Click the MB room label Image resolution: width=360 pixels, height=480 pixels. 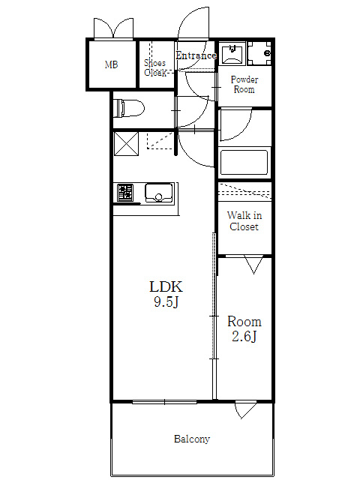pyautogui.click(x=111, y=64)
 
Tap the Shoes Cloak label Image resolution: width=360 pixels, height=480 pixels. pyautogui.click(x=155, y=68)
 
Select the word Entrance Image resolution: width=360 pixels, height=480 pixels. pyautogui.click(x=196, y=55)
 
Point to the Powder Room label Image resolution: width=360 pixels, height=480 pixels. pyautogui.click(x=244, y=85)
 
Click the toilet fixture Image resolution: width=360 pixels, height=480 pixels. pyautogui.click(x=129, y=108)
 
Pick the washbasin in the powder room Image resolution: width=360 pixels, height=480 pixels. pyautogui.click(x=232, y=53)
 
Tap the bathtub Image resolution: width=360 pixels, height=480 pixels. pyautogui.click(x=244, y=162)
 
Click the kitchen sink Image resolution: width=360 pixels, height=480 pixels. pyautogui.click(x=158, y=193)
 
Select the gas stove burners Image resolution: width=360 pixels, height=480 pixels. pyautogui.click(x=125, y=192)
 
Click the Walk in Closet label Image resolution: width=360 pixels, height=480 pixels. pyautogui.click(x=244, y=221)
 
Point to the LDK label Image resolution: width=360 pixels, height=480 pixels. pyautogui.click(x=166, y=286)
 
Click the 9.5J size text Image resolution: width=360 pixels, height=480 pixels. pyautogui.click(x=166, y=302)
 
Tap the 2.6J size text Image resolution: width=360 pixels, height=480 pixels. pyautogui.click(x=244, y=337)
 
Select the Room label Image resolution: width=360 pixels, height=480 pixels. pyautogui.click(x=244, y=322)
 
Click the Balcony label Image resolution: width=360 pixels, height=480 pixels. pyautogui.click(x=192, y=439)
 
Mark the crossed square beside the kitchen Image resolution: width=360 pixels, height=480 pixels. pyautogui.click(x=126, y=143)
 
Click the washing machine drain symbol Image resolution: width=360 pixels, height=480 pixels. pyautogui.click(x=259, y=53)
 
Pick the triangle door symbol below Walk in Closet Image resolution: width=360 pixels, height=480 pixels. pyautogui.click(x=253, y=265)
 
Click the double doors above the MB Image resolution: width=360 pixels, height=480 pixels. pyautogui.click(x=113, y=28)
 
